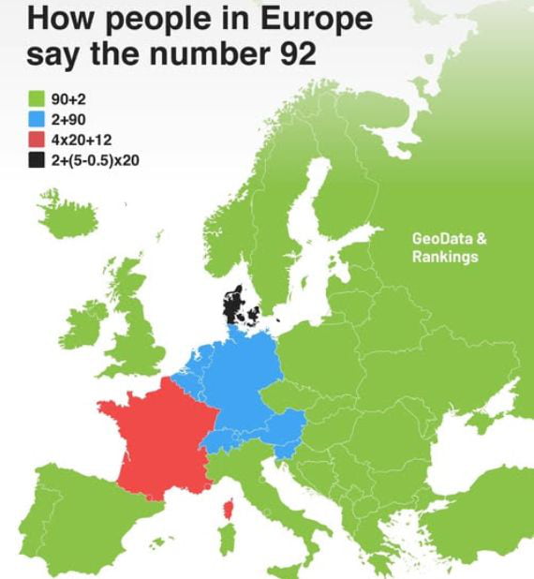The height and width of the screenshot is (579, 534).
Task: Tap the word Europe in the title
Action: pos(314,18)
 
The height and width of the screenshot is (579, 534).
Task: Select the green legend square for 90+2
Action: pos(37,98)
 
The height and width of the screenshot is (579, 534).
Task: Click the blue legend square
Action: pos(37,119)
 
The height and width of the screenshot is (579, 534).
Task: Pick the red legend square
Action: pos(37,140)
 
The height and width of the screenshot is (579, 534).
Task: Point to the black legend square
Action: pos(37,160)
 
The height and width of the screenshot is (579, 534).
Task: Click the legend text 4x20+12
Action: pos(82,140)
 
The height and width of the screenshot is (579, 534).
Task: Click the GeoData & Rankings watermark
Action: pos(449,247)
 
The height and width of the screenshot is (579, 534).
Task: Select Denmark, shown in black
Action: pos(233,304)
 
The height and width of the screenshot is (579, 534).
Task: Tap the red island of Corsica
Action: pos(227,512)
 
